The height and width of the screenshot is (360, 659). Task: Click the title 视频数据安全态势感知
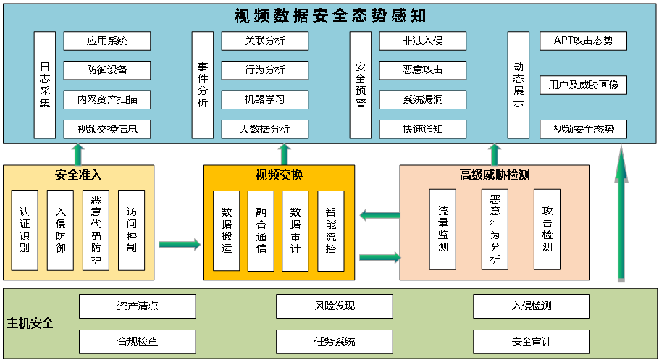click(x=330, y=15)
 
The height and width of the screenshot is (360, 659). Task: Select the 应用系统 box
click(x=106, y=41)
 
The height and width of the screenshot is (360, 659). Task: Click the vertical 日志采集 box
click(x=45, y=85)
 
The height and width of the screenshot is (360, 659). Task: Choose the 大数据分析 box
click(x=264, y=129)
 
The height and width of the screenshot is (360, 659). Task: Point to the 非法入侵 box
click(x=422, y=41)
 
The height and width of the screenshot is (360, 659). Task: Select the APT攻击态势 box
click(x=583, y=41)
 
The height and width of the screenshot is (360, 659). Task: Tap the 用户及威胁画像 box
click(x=583, y=85)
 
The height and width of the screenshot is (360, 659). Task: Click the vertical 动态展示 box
click(x=518, y=85)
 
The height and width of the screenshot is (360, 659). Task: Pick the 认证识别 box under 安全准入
click(x=25, y=230)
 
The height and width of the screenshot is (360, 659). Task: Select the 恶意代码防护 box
click(x=95, y=230)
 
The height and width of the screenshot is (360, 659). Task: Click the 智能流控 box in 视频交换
click(x=330, y=230)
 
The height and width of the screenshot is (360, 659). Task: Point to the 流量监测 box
click(x=442, y=229)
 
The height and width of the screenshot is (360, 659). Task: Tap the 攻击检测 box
click(x=547, y=229)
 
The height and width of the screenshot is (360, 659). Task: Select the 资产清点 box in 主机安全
click(x=138, y=306)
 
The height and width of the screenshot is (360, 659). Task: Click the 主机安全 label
click(x=30, y=323)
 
